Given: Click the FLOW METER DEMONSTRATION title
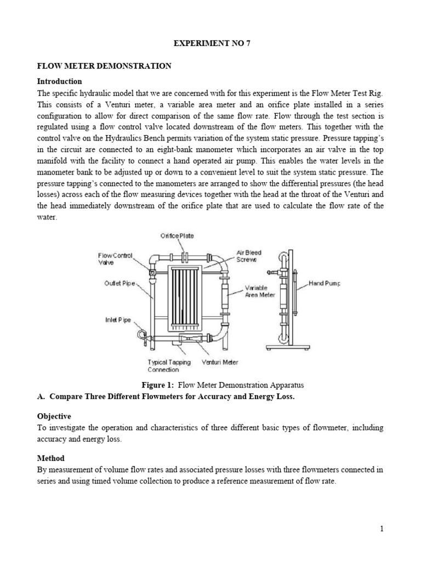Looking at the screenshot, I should [x=104, y=66].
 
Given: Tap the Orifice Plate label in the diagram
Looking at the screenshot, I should [x=177, y=236].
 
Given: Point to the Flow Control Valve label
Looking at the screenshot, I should [x=115, y=259].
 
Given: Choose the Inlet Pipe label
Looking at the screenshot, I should [x=117, y=320].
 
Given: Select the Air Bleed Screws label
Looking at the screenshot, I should [x=249, y=256].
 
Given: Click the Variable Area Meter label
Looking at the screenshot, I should [x=258, y=291].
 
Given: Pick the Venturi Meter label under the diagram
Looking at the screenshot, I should [x=220, y=362].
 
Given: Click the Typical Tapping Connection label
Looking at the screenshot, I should [x=169, y=366].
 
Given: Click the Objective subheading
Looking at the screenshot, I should [x=54, y=416].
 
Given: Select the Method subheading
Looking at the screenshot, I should [x=50, y=458].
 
